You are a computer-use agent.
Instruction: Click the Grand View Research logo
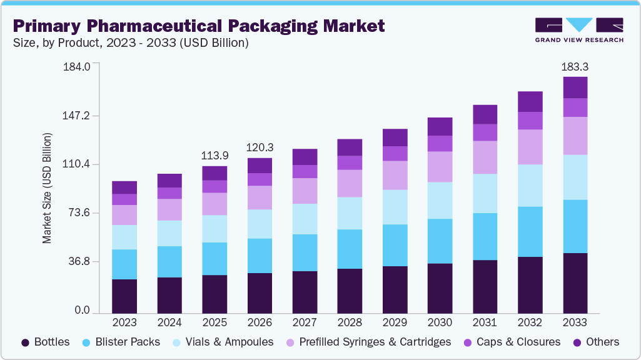click(x=579, y=29)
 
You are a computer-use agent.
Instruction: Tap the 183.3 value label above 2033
click(x=575, y=66)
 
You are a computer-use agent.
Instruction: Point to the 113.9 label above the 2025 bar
click(x=215, y=156)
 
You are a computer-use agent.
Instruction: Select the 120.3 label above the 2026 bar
click(x=260, y=147)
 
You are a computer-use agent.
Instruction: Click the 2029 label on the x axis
click(x=395, y=322)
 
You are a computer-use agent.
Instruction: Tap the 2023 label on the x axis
click(x=124, y=322)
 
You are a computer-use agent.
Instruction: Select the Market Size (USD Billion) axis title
click(x=48, y=188)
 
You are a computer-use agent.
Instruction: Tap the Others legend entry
click(x=595, y=342)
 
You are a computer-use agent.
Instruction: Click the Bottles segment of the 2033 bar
click(x=575, y=282)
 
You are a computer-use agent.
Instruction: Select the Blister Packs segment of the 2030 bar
click(x=440, y=241)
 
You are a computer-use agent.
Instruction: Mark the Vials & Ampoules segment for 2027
click(x=305, y=219)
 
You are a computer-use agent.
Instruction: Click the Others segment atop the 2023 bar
click(x=124, y=187)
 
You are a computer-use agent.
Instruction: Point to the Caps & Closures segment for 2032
click(x=530, y=121)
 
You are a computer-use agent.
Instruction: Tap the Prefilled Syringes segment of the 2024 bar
click(x=169, y=209)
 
